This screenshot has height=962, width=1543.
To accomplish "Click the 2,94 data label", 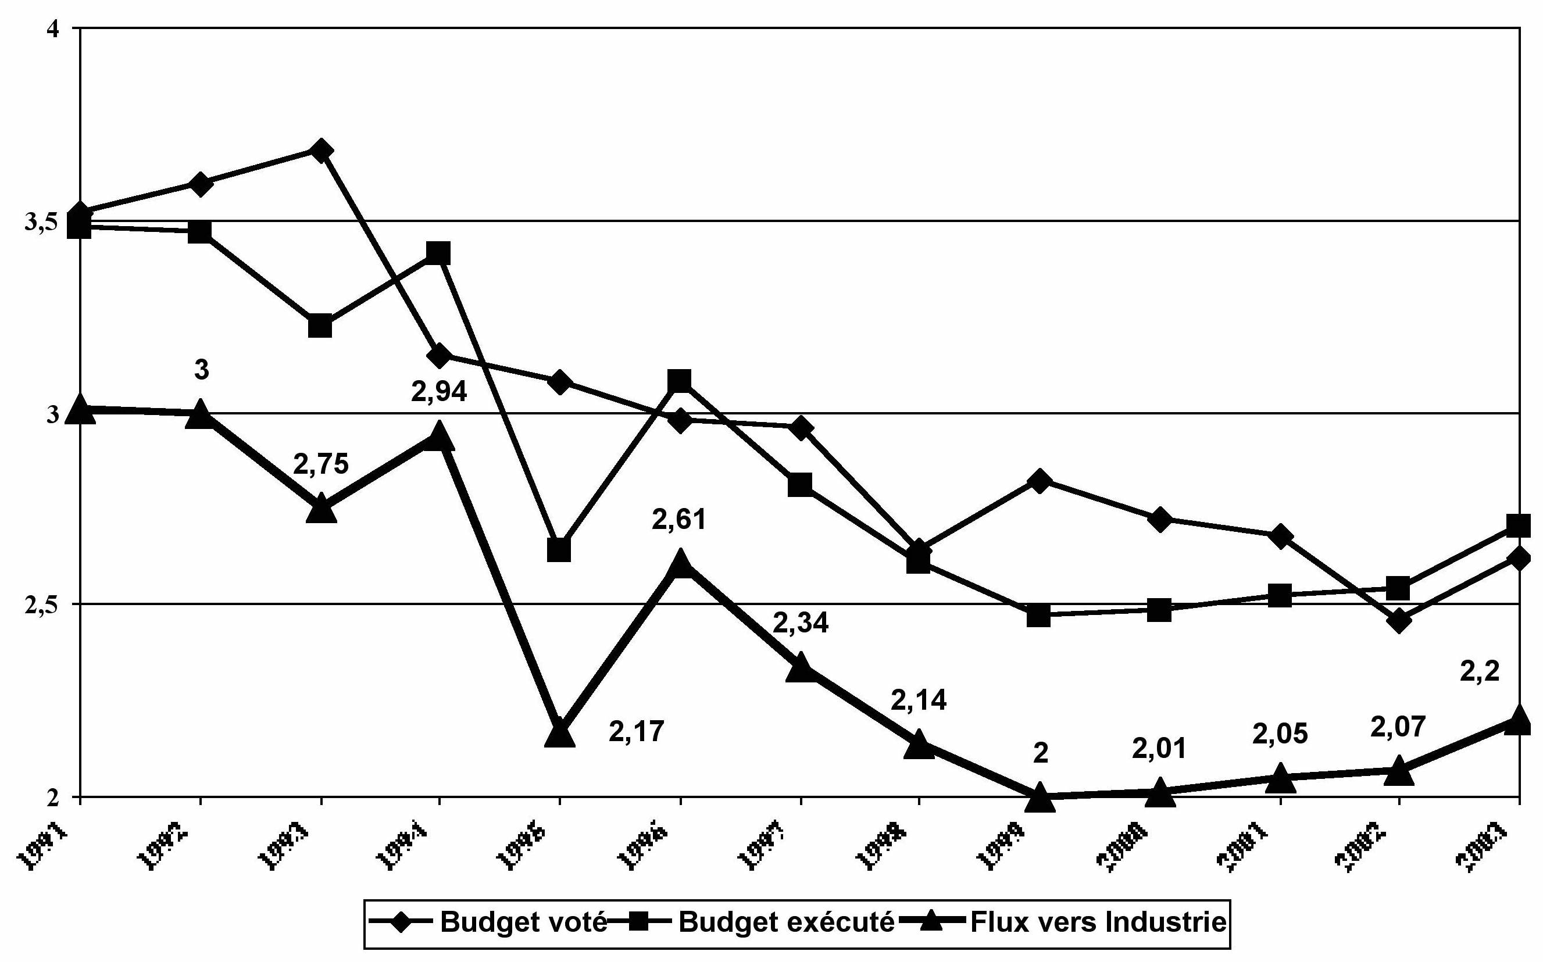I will coord(439,391).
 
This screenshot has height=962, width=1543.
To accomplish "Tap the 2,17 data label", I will coord(636,732).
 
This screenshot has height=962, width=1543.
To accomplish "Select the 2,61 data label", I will coord(679,520).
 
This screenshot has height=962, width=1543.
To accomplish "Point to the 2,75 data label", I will coord(321,464).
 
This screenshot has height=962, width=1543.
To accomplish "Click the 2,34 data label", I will coord(801,623).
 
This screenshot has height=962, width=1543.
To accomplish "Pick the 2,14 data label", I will coord(918,700).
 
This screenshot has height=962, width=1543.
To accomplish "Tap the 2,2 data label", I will coord(1480,672).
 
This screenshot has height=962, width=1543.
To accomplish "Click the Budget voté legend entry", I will coord(523,921).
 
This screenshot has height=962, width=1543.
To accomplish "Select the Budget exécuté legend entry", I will coord(787,921).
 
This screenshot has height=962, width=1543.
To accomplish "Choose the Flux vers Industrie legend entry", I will coord(1098,921).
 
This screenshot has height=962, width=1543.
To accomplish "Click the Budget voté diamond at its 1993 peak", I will coord(321,151).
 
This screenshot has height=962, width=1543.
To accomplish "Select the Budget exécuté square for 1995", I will coord(559,550).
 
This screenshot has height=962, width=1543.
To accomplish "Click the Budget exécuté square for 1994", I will coord(438,253).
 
